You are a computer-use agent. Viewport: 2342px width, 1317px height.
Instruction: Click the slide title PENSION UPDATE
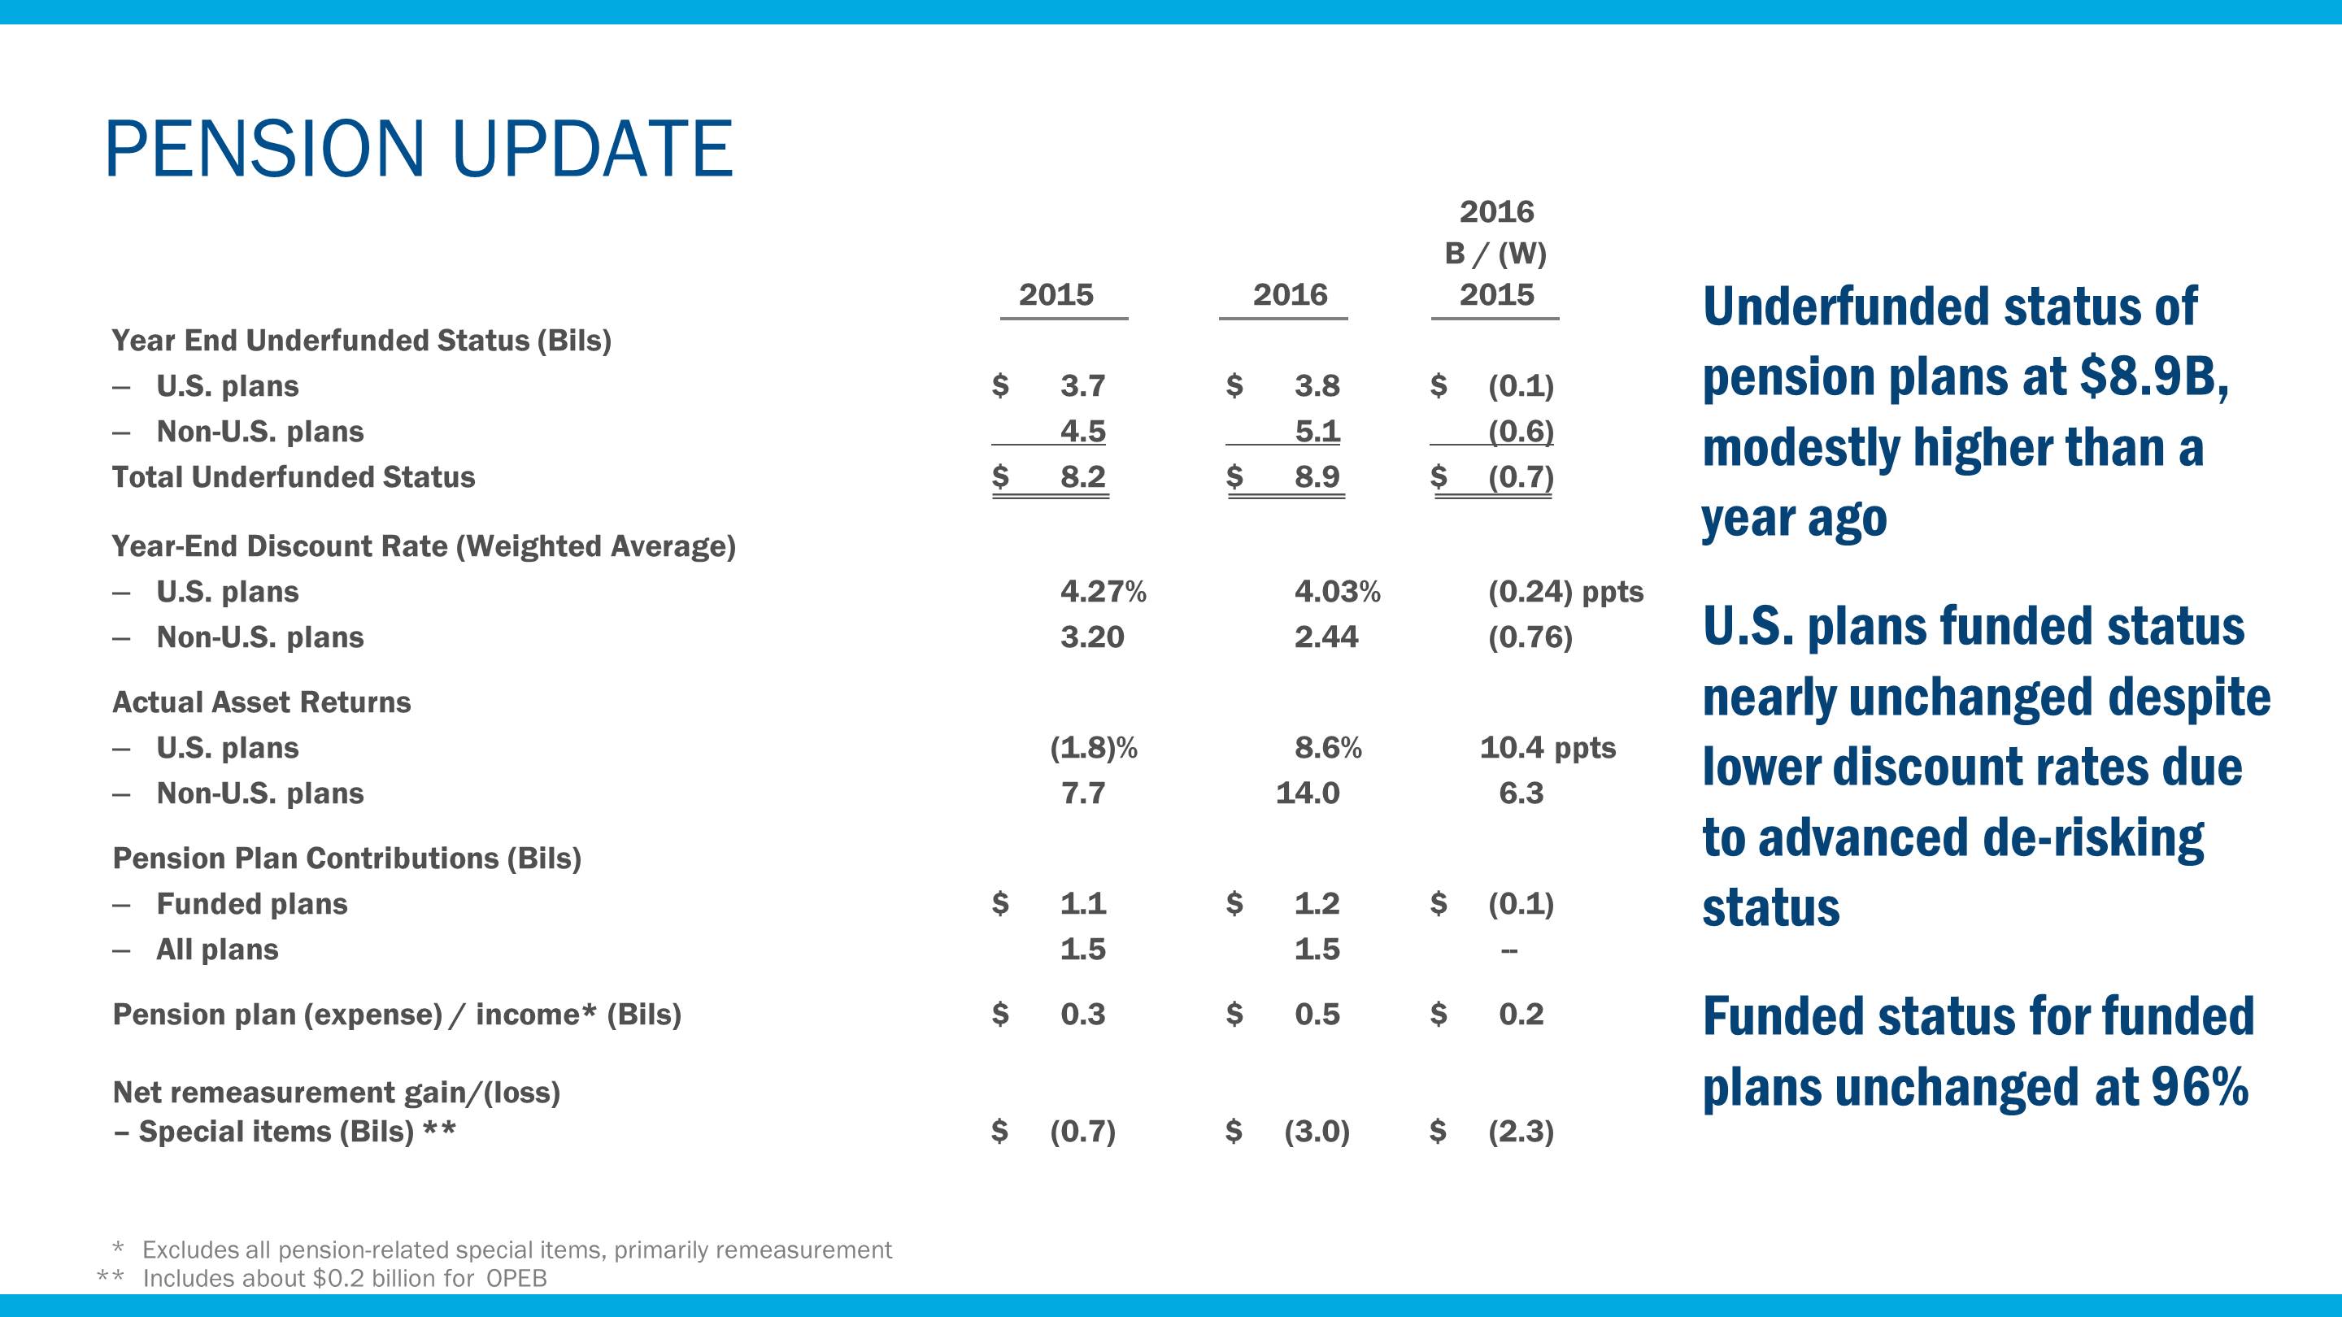pyautogui.click(x=418, y=149)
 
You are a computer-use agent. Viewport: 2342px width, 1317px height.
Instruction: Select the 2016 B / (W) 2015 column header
pyautogui.click(x=1495, y=253)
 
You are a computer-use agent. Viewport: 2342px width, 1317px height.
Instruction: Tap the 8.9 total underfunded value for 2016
pyautogui.click(x=1317, y=476)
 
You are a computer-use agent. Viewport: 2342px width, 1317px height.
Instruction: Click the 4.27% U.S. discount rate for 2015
pyautogui.click(x=1102, y=592)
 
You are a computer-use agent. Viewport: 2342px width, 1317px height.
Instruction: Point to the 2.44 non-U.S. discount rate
pyautogui.click(x=1326, y=637)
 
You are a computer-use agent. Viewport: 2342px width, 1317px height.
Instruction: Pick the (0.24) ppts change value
pyautogui.click(x=1565, y=592)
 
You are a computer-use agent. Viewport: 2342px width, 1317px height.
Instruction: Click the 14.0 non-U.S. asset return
pyautogui.click(x=1307, y=793)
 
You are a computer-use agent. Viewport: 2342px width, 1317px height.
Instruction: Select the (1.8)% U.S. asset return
pyautogui.click(x=1093, y=748)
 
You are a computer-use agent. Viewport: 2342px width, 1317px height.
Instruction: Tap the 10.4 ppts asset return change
pyautogui.click(x=1548, y=748)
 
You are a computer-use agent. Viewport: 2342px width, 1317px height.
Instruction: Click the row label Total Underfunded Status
pyautogui.click(x=293, y=477)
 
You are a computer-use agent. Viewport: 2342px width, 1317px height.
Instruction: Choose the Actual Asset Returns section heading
pyautogui.click(x=261, y=702)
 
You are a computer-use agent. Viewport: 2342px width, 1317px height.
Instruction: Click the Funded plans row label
pyautogui.click(x=252, y=904)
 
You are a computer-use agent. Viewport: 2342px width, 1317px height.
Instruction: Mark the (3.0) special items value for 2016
pyautogui.click(x=1316, y=1132)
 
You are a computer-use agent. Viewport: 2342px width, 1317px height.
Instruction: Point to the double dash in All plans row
pyautogui.click(x=1508, y=950)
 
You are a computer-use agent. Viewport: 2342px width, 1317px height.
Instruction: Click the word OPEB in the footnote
pyautogui.click(x=516, y=1279)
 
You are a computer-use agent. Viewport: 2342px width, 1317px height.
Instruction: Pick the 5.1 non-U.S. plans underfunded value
pyautogui.click(x=1317, y=431)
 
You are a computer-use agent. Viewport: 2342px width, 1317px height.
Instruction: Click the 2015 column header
pyautogui.click(x=1056, y=294)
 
